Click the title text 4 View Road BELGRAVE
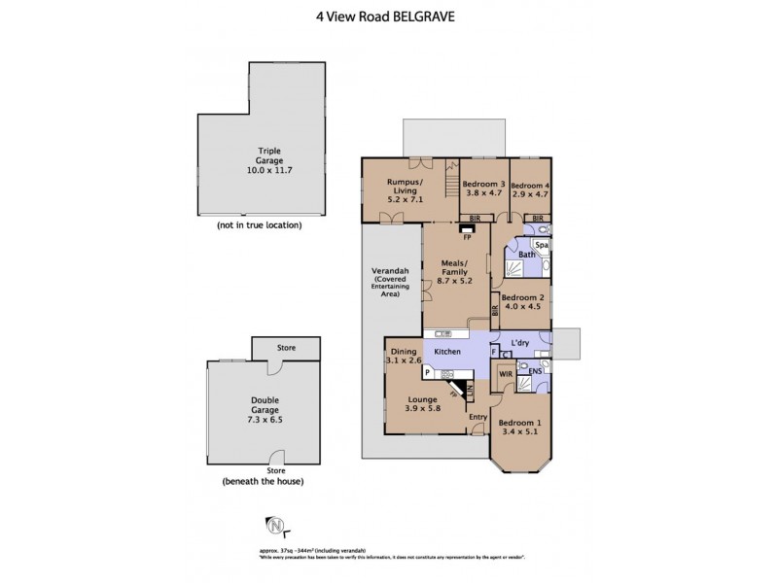point(388,16)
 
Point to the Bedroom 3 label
point(482,185)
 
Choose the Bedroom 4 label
point(531,185)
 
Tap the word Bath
point(525,255)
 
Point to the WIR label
point(506,372)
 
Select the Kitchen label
point(446,351)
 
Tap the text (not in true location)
point(259,224)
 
